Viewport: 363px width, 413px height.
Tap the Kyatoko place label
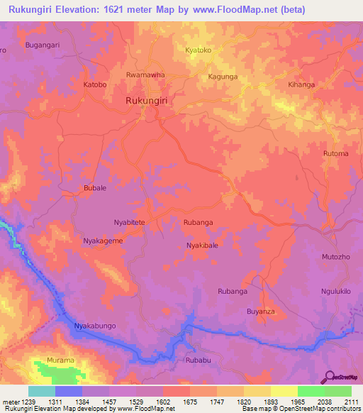199,50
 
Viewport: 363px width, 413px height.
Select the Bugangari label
43,45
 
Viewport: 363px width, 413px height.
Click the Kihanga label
301,84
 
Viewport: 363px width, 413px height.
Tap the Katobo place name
95,84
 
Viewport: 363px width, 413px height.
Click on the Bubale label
95,188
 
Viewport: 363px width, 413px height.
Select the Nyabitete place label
129,222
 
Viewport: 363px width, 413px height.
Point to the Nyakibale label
201,246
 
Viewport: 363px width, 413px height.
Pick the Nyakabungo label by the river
94,326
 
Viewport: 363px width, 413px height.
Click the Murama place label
60,360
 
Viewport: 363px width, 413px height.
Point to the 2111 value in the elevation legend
352,402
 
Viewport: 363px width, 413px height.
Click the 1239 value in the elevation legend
35,402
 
